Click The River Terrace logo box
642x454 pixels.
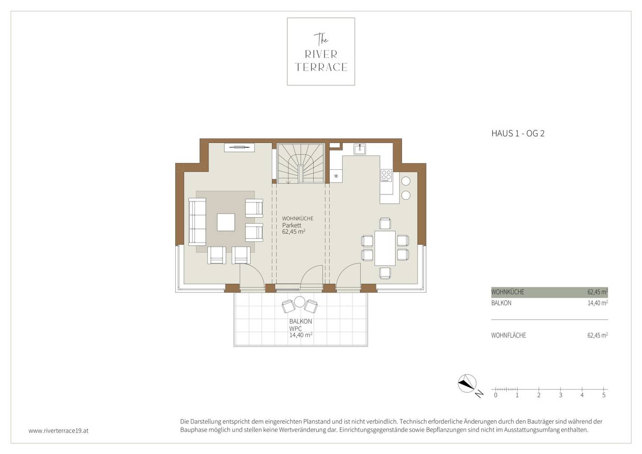tap(321, 52)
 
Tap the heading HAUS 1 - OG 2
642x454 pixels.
tap(518, 133)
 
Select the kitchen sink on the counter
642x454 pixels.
tap(359, 149)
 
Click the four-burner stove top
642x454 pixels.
tap(386, 175)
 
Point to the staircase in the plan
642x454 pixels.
tap(300, 163)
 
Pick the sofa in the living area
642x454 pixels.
tap(197, 222)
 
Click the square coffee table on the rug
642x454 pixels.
tap(226, 222)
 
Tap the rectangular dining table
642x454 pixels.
tap(385, 248)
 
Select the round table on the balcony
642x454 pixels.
tap(300, 302)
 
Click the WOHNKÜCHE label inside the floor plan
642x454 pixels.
tap(297, 219)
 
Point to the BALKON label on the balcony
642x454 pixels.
tap(300, 322)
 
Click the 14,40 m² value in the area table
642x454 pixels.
tap(597, 303)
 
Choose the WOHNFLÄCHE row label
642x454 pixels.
tap(508, 335)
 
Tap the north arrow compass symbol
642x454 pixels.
tap(467, 383)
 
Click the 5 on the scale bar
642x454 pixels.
tap(604, 395)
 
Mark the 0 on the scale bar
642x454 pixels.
tap(496, 395)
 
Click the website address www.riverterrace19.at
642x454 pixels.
tap(58, 430)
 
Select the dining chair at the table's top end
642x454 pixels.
tap(385, 223)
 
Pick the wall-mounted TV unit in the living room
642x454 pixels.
tap(239, 148)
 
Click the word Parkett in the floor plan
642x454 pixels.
tap(292, 225)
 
